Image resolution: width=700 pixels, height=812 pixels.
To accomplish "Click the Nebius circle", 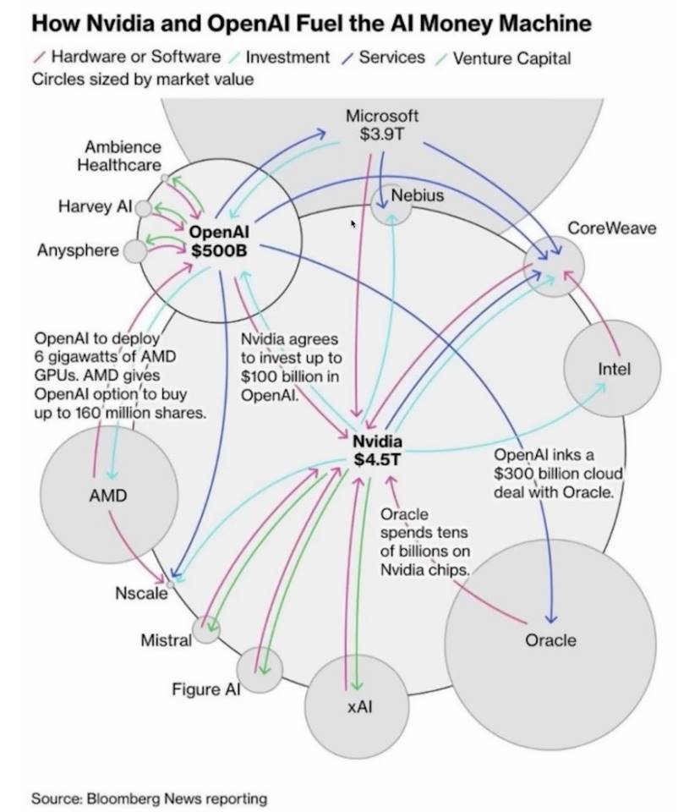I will [x=392, y=204].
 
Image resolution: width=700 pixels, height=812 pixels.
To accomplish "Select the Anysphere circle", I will [x=134, y=251].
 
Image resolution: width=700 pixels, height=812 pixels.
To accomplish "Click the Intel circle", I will [x=614, y=369].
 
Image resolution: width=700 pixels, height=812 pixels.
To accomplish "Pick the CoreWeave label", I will [x=612, y=228].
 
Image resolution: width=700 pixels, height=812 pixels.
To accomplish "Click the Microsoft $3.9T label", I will [x=382, y=124].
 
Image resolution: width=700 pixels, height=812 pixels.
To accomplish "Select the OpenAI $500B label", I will [x=220, y=241].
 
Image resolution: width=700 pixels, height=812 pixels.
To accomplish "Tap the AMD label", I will [x=108, y=496].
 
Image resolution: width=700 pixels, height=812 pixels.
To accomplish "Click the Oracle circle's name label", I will [x=550, y=640].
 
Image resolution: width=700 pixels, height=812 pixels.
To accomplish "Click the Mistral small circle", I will [x=206, y=628].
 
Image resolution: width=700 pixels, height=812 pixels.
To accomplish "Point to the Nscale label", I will [x=141, y=593].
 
